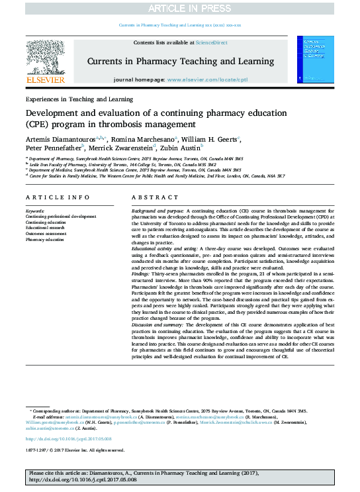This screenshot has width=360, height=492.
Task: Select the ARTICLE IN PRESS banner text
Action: point(180,7)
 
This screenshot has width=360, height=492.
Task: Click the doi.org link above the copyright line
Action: point(69,438)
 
